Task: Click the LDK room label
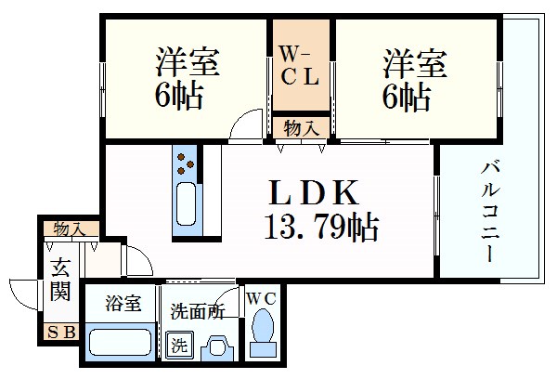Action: [x=314, y=193]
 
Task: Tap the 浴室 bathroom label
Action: [x=123, y=304]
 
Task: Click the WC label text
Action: [x=262, y=298]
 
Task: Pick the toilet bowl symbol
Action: [x=264, y=331]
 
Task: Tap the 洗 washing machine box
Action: [x=178, y=346]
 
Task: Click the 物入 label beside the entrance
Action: [x=69, y=228]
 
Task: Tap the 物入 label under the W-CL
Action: [x=300, y=124]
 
